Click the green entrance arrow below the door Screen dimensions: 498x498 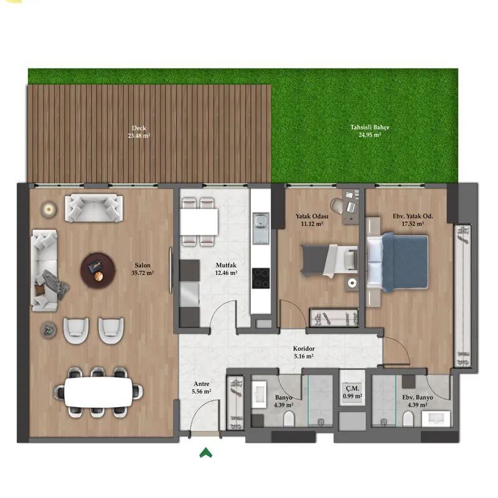[205, 453]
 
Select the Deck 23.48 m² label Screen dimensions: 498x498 [139, 131]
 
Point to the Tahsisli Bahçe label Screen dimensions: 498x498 [370, 128]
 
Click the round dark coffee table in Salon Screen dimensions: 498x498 [98, 270]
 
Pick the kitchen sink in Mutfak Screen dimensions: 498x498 [261, 228]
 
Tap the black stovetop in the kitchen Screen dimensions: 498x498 [261, 278]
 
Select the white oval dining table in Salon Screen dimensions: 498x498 [98, 392]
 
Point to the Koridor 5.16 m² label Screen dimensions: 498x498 [304, 352]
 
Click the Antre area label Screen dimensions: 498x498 [201, 384]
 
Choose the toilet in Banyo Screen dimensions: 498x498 [289, 419]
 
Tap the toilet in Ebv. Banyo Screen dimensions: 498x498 [408, 419]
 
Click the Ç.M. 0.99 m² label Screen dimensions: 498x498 [352, 392]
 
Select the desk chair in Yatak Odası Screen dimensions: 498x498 [337, 206]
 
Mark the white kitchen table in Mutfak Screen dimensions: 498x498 [199, 222]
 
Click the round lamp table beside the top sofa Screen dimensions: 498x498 [49, 209]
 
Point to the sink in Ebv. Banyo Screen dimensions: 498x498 [436, 419]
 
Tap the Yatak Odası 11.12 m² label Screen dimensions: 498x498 [312, 220]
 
